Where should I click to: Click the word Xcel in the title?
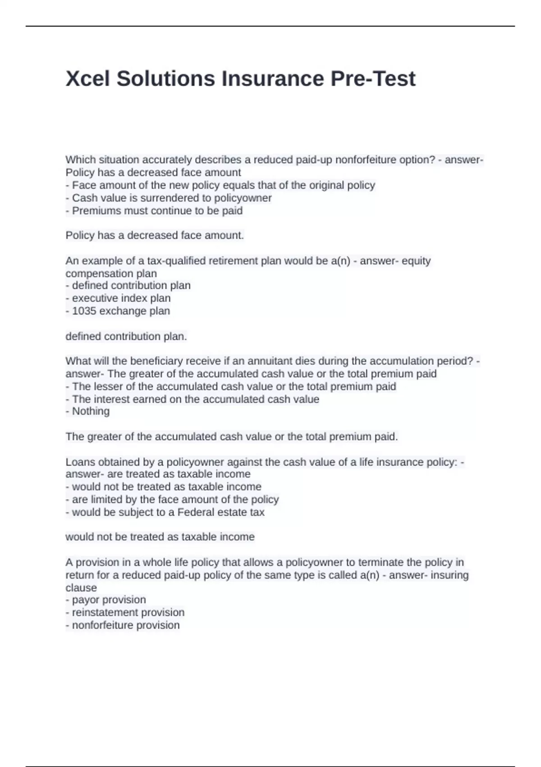pyautogui.click(x=88, y=79)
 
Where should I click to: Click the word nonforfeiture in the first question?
pyautogui.click(x=364, y=160)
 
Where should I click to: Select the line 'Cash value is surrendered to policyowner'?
pyautogui.click(x=171, y=198)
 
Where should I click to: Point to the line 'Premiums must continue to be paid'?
pyautogui.click(x=157, y=211)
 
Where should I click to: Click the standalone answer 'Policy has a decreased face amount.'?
pyautogui.click(x=155, y=236)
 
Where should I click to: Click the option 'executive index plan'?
pyautogui.click(x=121, y=298)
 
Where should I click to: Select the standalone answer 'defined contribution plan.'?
pyautogui.click(x=126, y=337)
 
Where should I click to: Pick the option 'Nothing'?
pyautogui.click(x=91, y=411)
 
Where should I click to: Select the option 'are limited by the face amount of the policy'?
pyautogui.click(x=175, y=499)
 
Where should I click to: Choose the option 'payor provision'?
pyautogui.click(x=109, y=600)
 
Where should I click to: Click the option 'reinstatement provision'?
pyautogui.click(x=128, y=612)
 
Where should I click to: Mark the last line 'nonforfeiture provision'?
pyautogui.click(x=125, y=625)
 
